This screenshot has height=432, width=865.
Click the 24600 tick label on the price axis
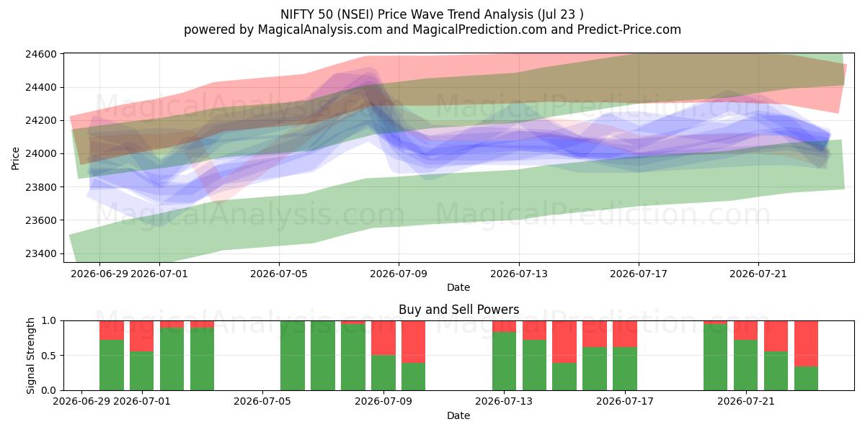coord(41,54)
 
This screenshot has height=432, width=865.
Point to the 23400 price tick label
coord(41,253)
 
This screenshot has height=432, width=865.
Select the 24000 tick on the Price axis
coord(41,154)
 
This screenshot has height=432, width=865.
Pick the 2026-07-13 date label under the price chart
coord(519,274)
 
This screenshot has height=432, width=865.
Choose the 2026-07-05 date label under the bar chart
coord(262,402)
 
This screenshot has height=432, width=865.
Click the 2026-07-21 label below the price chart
coord(758,274)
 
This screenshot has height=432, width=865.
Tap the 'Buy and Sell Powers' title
coord(458,310)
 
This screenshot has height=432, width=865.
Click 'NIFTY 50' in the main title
coord(306,14)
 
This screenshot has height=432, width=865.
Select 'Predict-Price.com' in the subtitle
coord(629,30)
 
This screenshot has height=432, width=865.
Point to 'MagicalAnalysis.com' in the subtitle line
coord(320,30)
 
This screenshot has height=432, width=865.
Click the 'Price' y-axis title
coord(15,158)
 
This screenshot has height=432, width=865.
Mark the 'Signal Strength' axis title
coord(30,356)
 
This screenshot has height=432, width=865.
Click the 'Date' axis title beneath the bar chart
coord(458,416)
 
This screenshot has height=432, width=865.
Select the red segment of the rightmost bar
coord(807,343)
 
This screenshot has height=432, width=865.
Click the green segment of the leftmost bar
coord(112,365)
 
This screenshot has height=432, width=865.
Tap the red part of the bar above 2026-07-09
coord(383,338)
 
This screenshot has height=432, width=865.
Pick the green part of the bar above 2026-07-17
coord(625,369)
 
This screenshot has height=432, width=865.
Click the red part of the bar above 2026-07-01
coord(142,336)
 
